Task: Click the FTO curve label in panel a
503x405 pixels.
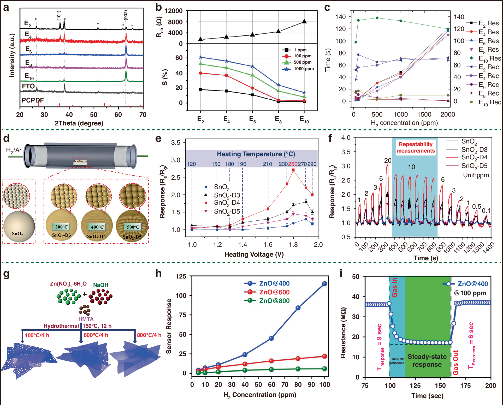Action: tap(28, 86)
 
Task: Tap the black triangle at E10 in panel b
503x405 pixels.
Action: tap(304, 21)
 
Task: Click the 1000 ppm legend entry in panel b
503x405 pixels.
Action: tap(298, 69)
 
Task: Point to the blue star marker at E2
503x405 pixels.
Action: tap(200, 57)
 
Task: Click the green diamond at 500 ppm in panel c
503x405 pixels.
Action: tap(377, 18)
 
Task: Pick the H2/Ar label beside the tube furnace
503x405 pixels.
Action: tap(14, 150)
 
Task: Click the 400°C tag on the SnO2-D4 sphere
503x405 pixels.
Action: tap(97, 227)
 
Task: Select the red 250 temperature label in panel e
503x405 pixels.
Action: tap(293, 164)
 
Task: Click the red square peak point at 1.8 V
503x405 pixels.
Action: tap(293, 170)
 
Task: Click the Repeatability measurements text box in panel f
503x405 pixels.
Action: tap(416, 148)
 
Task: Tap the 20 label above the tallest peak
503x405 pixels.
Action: tap(388, 161)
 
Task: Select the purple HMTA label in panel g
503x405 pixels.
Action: tap(86, 319)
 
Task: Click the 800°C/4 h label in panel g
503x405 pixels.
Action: tap(149, 335)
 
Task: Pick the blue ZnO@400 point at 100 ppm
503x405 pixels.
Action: tap(324, 284)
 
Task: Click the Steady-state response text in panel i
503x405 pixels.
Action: tap(427, 360)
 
